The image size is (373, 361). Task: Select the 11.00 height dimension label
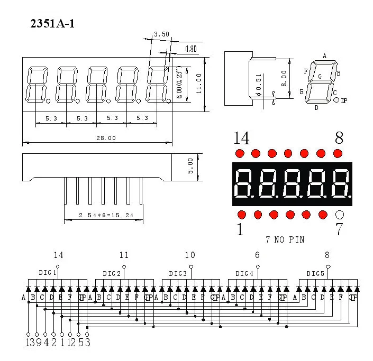point(199,84)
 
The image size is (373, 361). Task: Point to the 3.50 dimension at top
point(161,34)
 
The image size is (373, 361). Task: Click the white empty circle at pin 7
point(340,215)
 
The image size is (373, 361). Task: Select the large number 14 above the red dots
point(241,138)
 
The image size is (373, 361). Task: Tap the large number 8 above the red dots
point(339,138)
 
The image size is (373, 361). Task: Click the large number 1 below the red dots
point(240,230)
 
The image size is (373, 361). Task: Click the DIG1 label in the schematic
point(48,273)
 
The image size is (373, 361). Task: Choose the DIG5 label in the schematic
point(315,273)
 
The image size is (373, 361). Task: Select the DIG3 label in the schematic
point(178,273)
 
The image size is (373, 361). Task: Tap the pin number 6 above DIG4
point(257,255)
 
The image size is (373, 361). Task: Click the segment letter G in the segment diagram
point(320,76)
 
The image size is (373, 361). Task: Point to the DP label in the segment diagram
point(344,100)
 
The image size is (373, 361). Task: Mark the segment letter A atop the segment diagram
point(324,56)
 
